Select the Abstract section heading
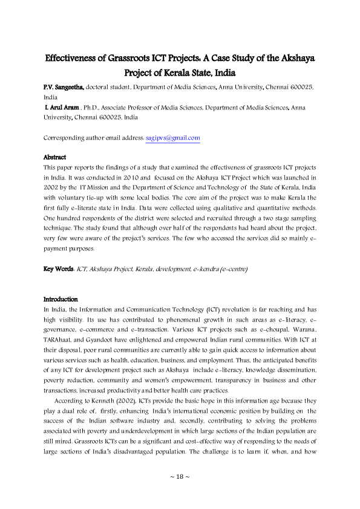pyautogui.click(x=55, y=157)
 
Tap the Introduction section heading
pyautogui.click(x=61, y=299)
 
